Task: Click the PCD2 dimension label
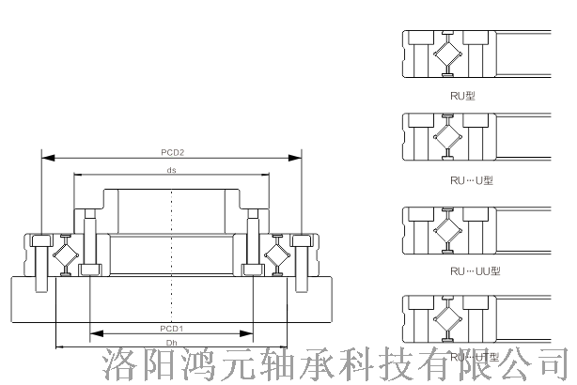171,151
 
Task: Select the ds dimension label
171,170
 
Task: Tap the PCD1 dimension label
171,328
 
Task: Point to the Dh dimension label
171,344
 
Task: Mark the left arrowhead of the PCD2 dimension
43,157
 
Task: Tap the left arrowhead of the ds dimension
77,176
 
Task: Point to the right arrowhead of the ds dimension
267,176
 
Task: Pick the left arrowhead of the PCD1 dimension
92,333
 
